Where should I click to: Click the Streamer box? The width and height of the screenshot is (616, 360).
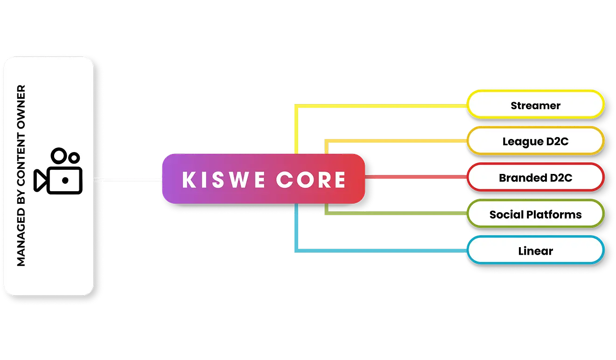[x=535, y=105]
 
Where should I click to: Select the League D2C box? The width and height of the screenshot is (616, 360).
[x=535, y=141]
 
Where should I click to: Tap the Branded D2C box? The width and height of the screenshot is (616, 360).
[x=535, y=178]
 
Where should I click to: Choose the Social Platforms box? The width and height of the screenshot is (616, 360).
[x=535, y=215]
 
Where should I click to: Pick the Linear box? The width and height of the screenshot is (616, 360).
[x=535, y=251]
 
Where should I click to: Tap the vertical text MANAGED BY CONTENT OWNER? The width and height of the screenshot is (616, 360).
[x=21, y=175]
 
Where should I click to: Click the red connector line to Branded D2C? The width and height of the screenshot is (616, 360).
[x=415, y=177]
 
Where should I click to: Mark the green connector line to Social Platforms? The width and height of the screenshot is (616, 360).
[x=397, y=214]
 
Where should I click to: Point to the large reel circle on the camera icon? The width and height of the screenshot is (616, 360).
[x=59, y=156]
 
